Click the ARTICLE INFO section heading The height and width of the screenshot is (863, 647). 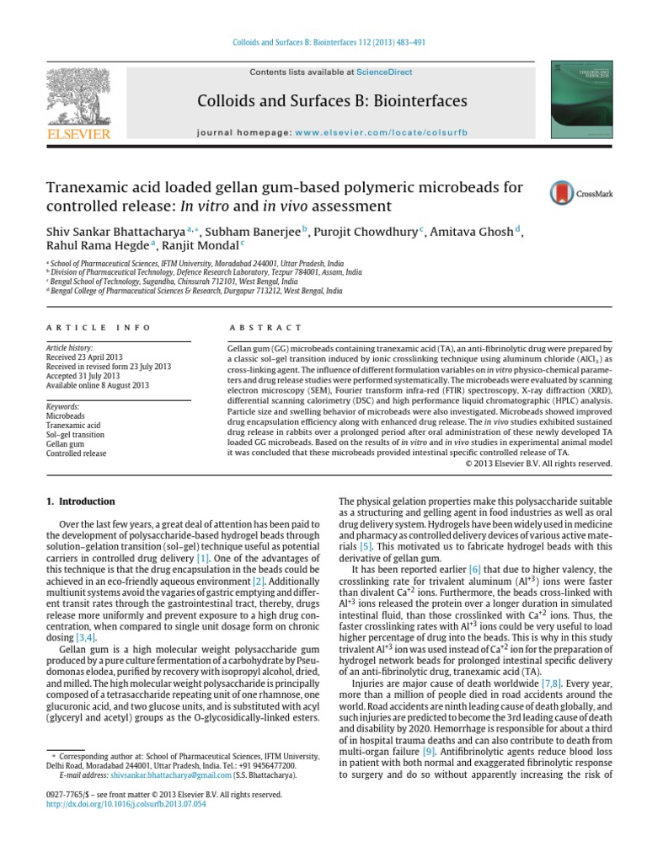click(99, 327)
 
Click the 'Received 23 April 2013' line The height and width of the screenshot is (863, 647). click(86, 357)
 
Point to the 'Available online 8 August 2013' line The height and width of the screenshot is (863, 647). click(98, 385)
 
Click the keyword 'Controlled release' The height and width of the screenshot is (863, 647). click(77, 453)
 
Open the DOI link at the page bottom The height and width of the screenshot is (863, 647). click(127, 804)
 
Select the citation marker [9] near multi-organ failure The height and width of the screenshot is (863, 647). click(429, 727)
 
